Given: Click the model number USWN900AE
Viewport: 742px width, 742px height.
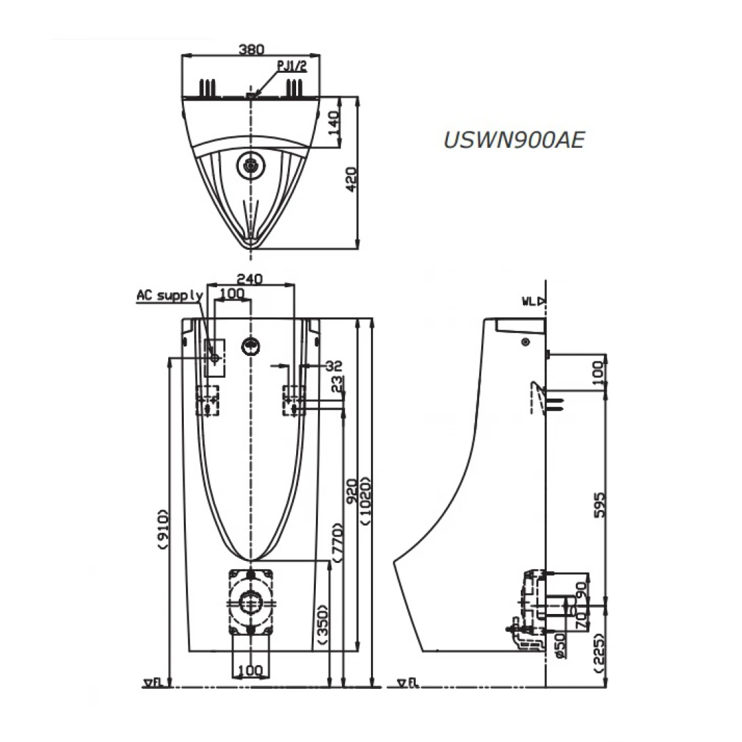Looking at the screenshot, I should [x=513, y=140].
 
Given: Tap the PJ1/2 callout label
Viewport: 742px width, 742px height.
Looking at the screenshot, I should [x=292, y=66].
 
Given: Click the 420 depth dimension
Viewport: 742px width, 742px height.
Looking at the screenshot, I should [x=351, y=179].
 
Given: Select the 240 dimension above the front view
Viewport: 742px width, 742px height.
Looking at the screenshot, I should [x=251, y=278].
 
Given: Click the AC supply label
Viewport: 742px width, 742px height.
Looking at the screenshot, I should [x=170, y=295].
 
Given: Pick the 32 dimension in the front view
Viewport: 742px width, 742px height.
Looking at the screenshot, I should [x=333, y=365].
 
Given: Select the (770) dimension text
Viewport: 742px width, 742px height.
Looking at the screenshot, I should [x=338, y=542].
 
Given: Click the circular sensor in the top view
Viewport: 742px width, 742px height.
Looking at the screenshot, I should [x=251, y=164].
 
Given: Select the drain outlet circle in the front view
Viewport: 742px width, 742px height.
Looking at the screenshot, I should [x=251, y=602].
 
